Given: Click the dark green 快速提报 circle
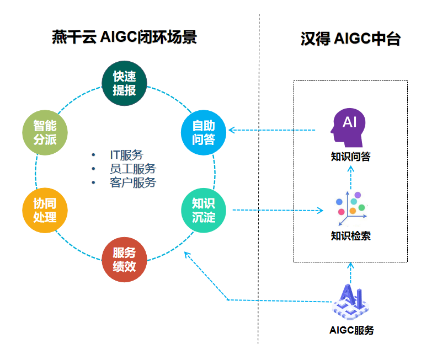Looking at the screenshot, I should click(x=125, y=83).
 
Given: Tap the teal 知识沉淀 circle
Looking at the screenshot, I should click(x=204, y=210).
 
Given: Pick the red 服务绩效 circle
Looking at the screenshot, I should click(x=125, y=260).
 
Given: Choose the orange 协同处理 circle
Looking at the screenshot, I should click(x=45, y=211).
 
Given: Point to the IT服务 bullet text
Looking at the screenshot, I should click(x=126, y=155).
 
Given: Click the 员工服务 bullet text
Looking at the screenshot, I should click(x=132, y=169).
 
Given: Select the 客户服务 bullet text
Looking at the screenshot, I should click(x=132, y=182).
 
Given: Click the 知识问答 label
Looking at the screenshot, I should click(x=350, y=157).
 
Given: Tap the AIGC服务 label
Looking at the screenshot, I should click(x=351, y=331).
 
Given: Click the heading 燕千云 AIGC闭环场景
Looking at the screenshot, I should click(x=124, y=37).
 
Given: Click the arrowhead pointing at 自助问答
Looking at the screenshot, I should click(x=232, y=131).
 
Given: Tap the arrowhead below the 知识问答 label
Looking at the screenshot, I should click(x=350, y=168).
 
